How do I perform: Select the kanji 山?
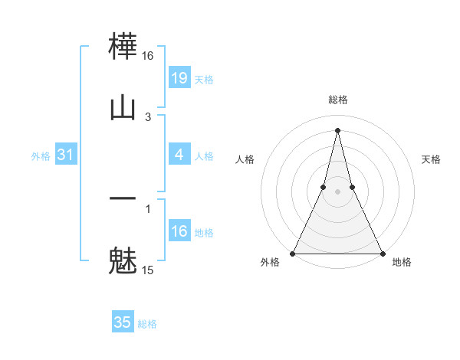coord(123,107)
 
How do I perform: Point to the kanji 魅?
coord(123,260)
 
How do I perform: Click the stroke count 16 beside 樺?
coord(148,56)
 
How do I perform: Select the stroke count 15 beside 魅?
coord(148,270)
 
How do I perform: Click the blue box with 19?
coord(179,77)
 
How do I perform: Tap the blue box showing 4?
coord(179,155)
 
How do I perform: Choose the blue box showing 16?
coord(179,231)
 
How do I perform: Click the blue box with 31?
coord(65,155)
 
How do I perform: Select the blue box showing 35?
coord(122,322)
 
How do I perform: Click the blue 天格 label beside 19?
coord(204,79)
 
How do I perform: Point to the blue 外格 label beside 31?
coord(41,156)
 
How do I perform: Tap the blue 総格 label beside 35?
coord(147,324)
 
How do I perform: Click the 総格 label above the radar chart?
coord(337,100)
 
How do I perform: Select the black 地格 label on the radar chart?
coord(402,263)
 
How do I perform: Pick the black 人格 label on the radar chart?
coord(245,159)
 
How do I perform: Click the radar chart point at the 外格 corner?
coord(293,253)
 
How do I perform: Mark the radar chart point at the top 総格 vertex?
coord(337,129)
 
